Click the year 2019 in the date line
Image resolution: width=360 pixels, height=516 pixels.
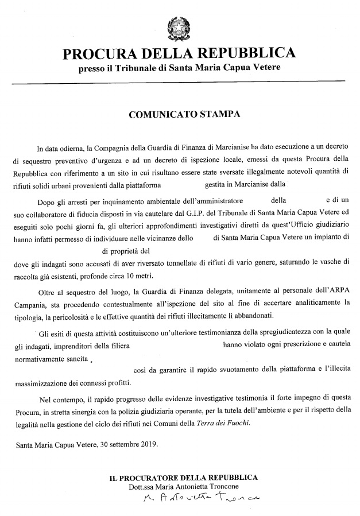[x=146, y=444]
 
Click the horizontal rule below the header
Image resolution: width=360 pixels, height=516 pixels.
[x=179, y=84]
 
